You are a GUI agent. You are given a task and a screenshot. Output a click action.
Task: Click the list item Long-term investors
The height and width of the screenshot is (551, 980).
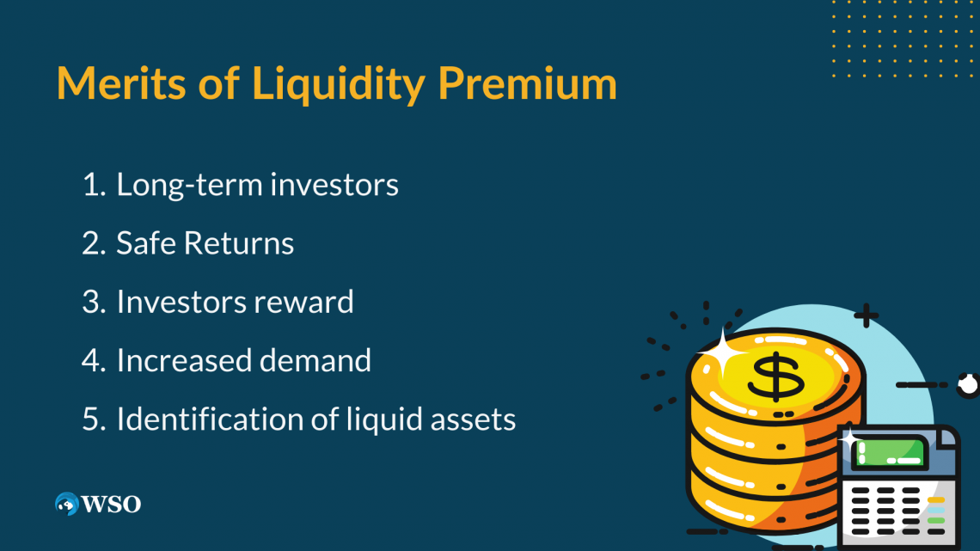point(257,185)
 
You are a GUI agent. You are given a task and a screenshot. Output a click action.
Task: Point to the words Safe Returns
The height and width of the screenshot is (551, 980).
point(205,244)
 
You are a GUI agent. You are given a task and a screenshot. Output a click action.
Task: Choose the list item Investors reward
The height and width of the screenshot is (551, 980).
point(235,302)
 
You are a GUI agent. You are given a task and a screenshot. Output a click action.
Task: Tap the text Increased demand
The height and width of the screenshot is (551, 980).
point(243,360)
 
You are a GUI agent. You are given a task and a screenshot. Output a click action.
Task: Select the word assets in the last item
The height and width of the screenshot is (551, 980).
point(475,419)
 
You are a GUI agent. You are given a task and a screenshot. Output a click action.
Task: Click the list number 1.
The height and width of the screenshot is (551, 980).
point(90,185)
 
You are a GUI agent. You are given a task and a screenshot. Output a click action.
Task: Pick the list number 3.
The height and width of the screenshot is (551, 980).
point(91,302)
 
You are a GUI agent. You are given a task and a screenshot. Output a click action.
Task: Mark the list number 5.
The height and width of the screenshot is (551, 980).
point(91,419)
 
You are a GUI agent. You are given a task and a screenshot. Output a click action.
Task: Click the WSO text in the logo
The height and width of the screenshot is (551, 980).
point(111,504)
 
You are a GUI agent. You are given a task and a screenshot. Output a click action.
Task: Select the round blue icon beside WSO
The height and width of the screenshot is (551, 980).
point(66,504)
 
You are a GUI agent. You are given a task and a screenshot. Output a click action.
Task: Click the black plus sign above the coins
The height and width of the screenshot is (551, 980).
point(866,315)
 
